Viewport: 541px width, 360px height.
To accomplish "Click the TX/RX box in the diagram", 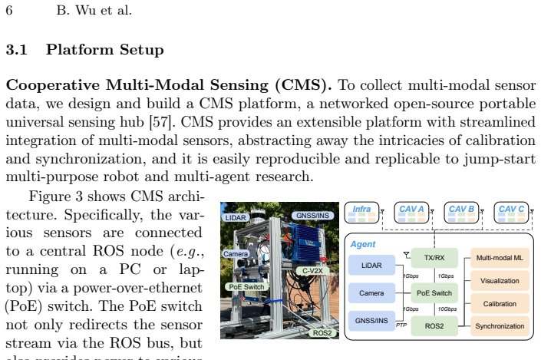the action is (434, 258).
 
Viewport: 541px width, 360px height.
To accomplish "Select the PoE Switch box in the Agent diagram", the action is (434, 293).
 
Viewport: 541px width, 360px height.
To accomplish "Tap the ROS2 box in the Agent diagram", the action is (434, 325).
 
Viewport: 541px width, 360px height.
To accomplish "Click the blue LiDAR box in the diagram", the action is (371, 265).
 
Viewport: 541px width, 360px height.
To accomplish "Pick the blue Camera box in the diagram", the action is (371, 293).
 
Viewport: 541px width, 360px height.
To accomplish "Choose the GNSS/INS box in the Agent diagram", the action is (371, 321).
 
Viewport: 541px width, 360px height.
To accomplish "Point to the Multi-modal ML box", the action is (500, 258).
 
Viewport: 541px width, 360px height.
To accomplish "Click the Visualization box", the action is (500, 281).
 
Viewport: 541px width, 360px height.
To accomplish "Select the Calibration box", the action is (500, 304).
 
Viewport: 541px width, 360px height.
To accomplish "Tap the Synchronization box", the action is (500, 325).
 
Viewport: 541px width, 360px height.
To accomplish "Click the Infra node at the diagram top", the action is (361, 213).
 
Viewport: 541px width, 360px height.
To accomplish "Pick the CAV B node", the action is (461, 213).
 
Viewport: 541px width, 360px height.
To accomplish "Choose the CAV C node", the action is (511, 213).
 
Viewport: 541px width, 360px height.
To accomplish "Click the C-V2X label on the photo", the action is (312, 271).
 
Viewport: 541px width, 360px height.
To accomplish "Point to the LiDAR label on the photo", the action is (236, 218).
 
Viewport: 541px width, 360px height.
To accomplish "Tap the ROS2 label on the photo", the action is (322, 332).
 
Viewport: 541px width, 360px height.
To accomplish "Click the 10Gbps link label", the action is (447, 309).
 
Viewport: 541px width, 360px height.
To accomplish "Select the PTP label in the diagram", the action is (401, 325).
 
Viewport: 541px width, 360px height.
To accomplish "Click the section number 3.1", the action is (17, 50).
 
